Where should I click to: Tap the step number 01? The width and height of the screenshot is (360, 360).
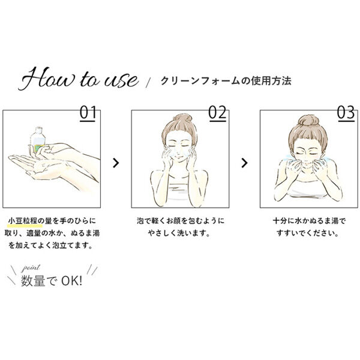[x=88, y=112]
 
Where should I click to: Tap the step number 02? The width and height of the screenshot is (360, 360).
[x=217, y=112]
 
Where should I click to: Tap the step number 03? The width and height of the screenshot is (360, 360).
[x=346, y=112]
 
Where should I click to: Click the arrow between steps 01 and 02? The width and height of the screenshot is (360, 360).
[x=116, y=162]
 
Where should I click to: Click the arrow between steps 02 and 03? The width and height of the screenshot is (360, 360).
[x=244, y=162]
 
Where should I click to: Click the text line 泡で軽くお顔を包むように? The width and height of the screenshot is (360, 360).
[x=180, y=221]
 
